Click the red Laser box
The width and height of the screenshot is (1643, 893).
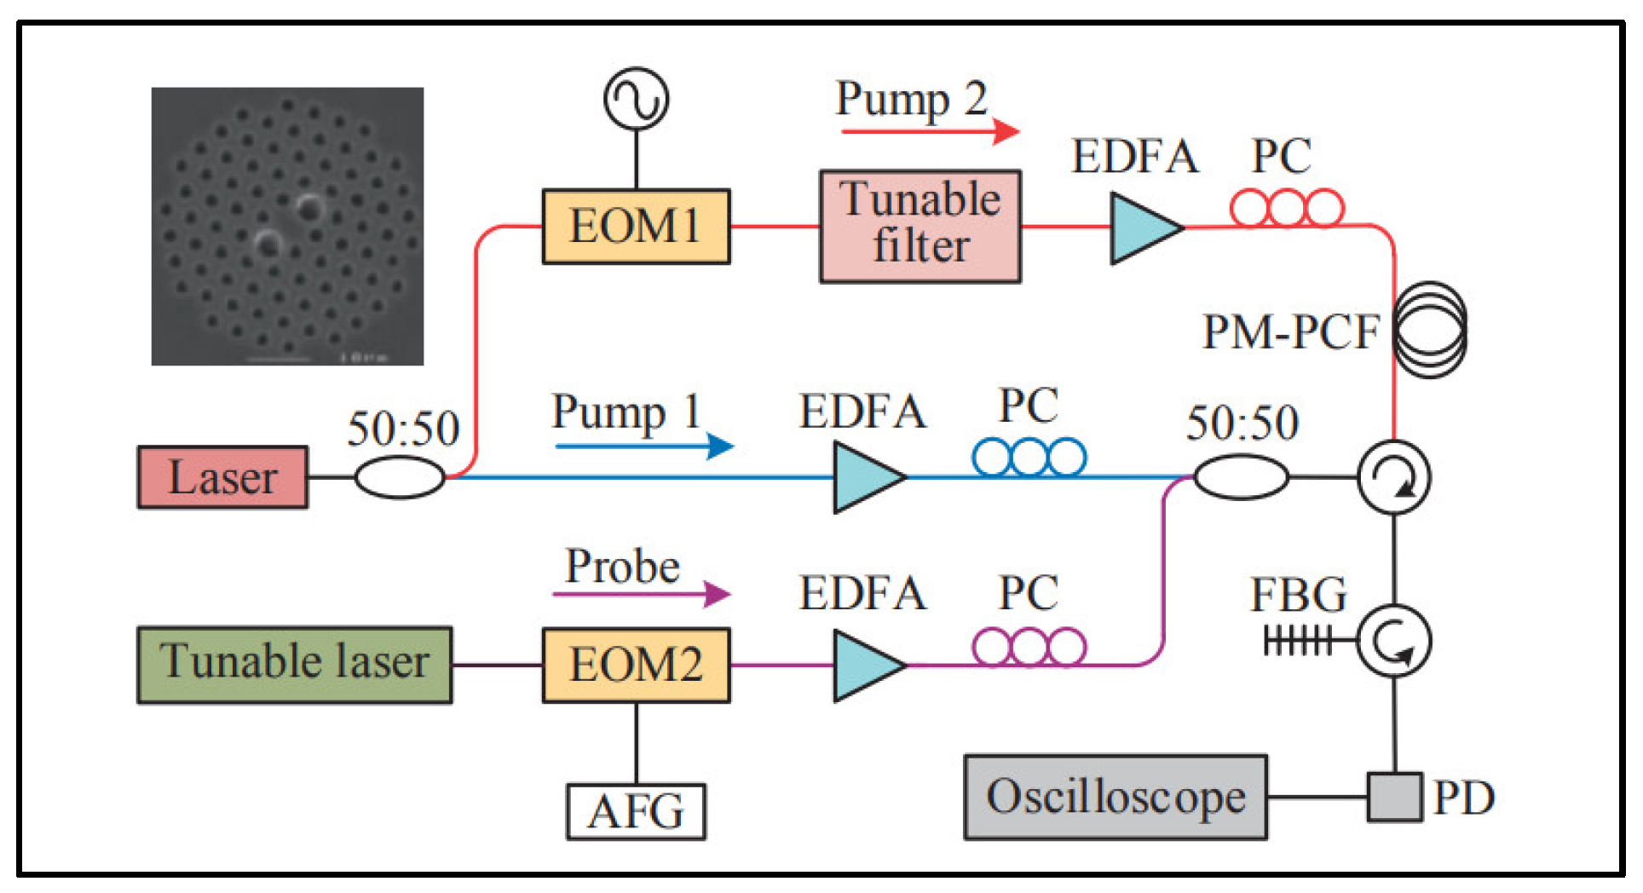click(x=222, y=477)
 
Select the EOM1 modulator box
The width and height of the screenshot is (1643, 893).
click(x=636, y=227)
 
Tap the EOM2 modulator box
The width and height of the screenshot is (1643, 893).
click(x=636, y=665)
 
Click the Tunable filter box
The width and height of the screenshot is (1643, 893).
click(x=920, y=226)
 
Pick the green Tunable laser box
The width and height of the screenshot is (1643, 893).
click(x=295, y=665)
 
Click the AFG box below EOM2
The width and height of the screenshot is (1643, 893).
click(x=636, y=811)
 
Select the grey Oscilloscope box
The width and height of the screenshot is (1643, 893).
click(x=1115, y=797)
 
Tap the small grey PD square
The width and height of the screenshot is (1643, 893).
click(x=1394, y=797)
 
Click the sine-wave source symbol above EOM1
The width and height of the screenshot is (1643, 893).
click(x=636, y=99)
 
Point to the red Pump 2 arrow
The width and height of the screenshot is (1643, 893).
click(x=929, y=131)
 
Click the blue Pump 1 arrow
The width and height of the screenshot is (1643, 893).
click(x=643, y=446)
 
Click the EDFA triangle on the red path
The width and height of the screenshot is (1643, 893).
click(x=1142, y=228)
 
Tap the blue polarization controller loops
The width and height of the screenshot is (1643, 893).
click(x=1029, y=458)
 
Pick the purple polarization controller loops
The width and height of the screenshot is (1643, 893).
click(x=1029, y=647)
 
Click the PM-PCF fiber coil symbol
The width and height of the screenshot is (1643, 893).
click(x=1430, y=331)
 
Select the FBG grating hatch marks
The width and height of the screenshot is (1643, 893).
click(x=1297, y=640)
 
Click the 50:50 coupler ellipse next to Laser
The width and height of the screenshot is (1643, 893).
click(x=399, y=477)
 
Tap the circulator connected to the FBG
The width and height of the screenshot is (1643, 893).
click(x=1393, y=641)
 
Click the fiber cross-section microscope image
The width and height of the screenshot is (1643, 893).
click(x=287, y=226)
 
